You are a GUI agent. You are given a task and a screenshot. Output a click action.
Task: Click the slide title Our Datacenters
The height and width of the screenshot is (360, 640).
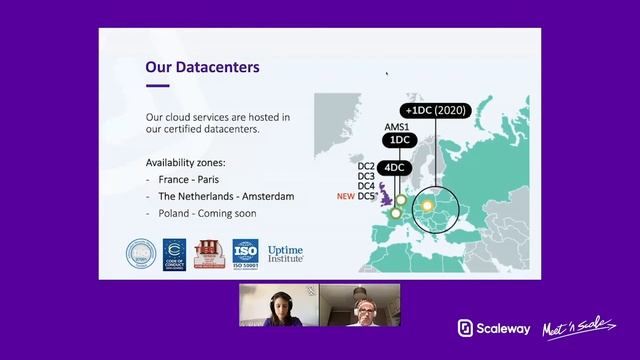pos(203,67)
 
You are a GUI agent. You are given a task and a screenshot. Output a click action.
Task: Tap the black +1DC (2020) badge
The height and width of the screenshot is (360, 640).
pos(440,110)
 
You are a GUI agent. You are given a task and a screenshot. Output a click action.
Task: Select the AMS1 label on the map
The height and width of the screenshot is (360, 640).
pos(397,127)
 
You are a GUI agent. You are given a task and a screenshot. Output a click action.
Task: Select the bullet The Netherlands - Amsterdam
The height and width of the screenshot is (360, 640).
pos(226,196)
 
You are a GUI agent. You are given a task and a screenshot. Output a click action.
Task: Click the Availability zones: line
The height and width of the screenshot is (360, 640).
pos(185,162)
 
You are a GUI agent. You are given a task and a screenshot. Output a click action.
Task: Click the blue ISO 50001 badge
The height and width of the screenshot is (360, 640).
pos(245,254)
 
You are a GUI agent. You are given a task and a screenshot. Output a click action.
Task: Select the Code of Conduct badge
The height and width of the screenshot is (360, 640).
pos(175,254)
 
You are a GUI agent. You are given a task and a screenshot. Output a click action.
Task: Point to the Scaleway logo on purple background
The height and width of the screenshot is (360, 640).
pos(493,328)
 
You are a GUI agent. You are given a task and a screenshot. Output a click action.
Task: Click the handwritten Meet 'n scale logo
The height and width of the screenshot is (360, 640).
pos(573,328)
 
